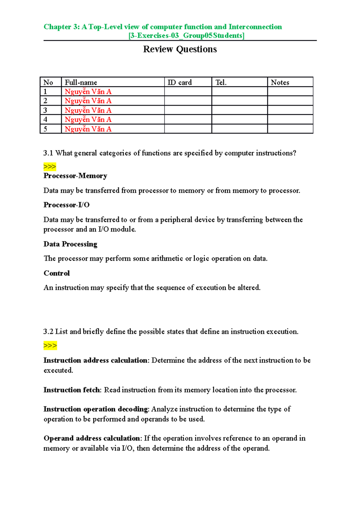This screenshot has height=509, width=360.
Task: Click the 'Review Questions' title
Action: tap(180, 49)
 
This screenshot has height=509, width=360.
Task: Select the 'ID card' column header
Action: tap(179, 82)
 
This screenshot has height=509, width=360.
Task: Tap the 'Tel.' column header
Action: tap(221, 82)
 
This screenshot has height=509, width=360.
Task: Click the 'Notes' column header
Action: tap(280, 82)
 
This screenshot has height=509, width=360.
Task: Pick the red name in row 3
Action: tap(88, 110)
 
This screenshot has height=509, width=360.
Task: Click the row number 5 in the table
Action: tap(45, 129)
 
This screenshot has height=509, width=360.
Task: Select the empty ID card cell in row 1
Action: tap(188, 91)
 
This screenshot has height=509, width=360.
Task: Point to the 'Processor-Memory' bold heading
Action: tap(75, 176)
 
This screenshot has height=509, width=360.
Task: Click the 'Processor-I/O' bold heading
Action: tap(66, 205)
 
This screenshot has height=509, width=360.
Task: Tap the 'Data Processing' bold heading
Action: tap(70, 244)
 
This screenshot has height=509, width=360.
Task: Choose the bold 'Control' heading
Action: tap(56, 273)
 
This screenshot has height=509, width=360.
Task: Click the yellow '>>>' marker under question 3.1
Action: tap(49, 167)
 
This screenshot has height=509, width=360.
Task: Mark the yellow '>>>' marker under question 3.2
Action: tap(50, 346)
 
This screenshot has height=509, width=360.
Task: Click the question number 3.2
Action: tap(48, 332)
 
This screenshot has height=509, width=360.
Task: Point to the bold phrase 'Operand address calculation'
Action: tap(91, 438)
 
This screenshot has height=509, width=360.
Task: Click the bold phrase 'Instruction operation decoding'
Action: tap(96, 409)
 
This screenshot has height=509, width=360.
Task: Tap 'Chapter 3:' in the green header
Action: tap(61, 27)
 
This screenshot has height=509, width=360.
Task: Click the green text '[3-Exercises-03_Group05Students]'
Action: tap(186, 36)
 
